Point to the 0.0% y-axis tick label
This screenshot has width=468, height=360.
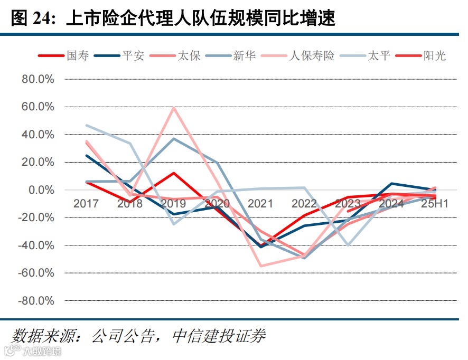(x=41, y=190)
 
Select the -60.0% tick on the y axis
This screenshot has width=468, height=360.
(x=37, y=273)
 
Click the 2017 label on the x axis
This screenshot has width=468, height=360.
(x=86, y=204)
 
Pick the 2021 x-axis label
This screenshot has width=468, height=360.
(x=260, y=204)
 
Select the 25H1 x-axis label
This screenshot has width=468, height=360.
(x=435, y=204)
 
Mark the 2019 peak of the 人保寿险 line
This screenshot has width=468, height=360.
(x=174, y=108)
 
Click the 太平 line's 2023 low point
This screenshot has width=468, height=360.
(x=348, y=245)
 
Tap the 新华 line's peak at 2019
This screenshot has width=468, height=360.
(x=174, y=138)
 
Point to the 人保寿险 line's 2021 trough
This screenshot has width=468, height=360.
(x=260, y=266)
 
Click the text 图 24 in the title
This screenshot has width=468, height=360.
(x=32, y=18)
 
